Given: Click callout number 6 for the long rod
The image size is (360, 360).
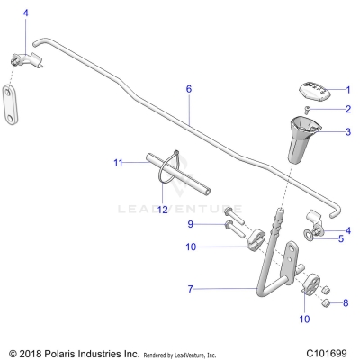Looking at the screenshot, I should (x=189, y=89).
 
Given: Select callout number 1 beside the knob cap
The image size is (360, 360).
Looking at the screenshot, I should (x=348, y=90).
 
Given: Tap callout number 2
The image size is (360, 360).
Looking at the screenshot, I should (x=348, y=110).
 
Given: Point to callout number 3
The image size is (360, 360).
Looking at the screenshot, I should (x=348, y=131).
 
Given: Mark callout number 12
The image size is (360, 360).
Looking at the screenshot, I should (x=163, y=210).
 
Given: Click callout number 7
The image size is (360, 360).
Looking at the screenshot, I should (x=189, y=289).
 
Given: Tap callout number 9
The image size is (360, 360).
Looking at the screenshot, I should (x=190, y=223).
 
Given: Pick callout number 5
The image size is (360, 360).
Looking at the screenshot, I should (x=340, y=238).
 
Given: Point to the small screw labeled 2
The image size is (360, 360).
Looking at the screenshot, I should (x=306, y=109).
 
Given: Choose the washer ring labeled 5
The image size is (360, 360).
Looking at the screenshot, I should (x=310, y=236).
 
